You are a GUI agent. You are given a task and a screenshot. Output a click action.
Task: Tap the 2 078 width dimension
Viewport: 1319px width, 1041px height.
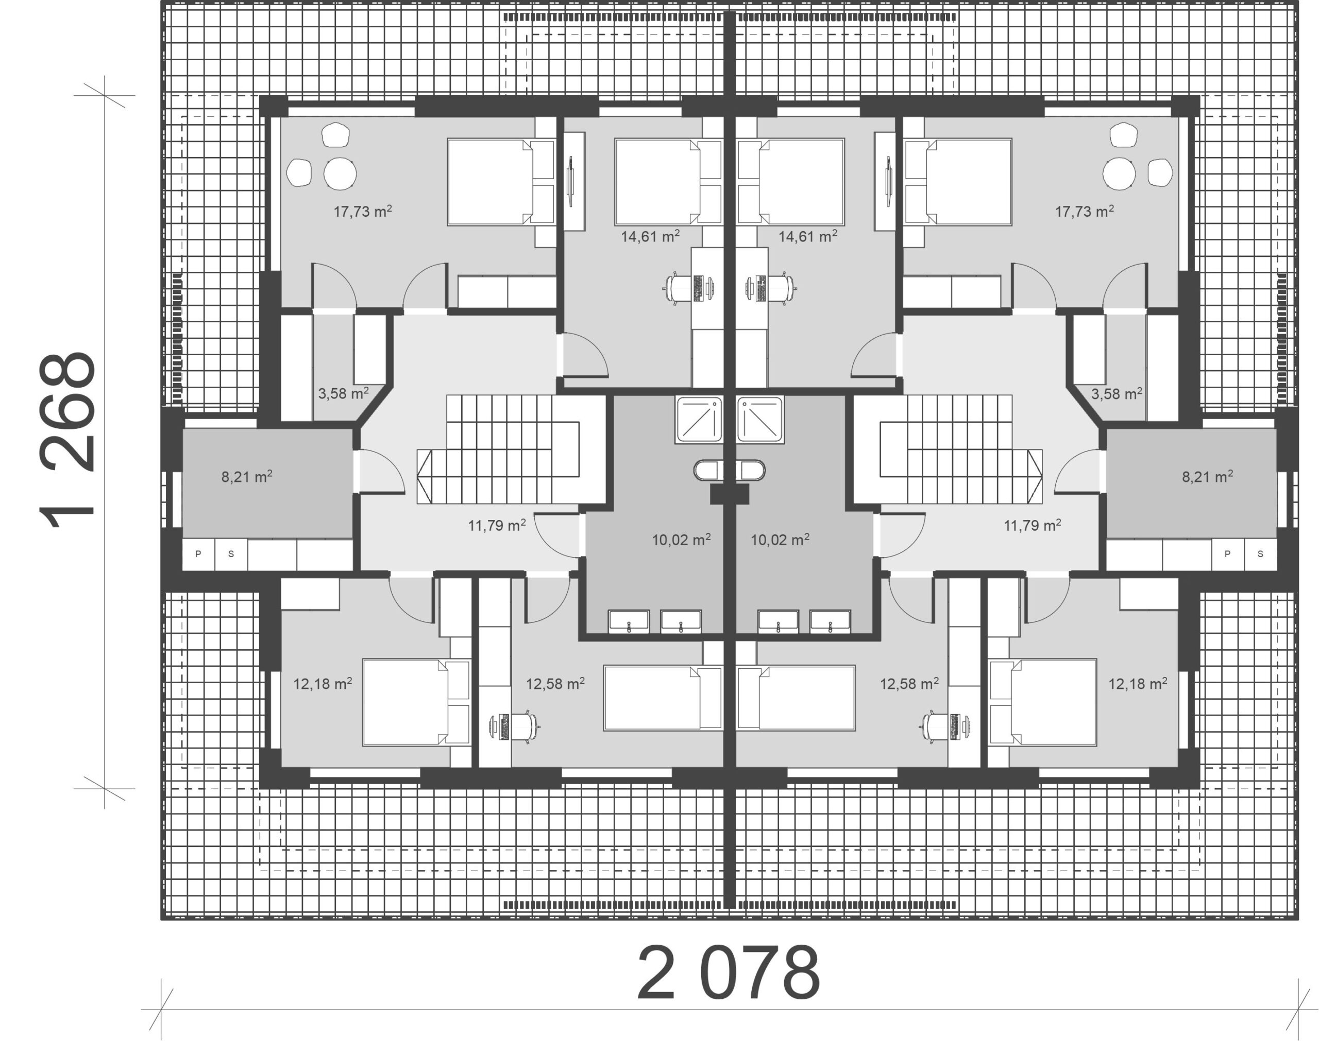click(729, 974)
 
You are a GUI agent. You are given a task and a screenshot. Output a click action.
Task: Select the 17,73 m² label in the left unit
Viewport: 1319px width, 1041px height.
click(362, 211)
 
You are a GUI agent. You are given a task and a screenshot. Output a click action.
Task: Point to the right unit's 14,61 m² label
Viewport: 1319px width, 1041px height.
click(807, 236)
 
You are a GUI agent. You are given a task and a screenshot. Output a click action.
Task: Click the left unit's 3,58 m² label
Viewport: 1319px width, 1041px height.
click(343, 393)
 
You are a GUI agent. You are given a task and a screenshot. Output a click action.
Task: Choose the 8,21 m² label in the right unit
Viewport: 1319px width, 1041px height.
click(1207, 476)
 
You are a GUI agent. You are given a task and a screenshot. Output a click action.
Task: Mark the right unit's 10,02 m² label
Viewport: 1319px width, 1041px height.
click(780, 540)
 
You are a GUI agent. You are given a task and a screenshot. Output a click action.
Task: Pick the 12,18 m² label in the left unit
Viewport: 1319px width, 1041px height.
click(323, 683)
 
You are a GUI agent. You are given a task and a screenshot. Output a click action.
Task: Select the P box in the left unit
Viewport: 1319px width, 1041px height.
click(198, 554)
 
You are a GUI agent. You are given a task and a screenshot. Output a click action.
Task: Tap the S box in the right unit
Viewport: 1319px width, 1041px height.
click(1260, 554)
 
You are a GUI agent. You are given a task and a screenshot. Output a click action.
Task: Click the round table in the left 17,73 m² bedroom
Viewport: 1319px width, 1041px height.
click(340, 173)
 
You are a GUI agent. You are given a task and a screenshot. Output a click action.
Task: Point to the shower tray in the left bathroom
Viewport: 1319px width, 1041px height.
click(699, 419)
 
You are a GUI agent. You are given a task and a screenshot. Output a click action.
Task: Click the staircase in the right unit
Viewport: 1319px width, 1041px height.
click(960, 449)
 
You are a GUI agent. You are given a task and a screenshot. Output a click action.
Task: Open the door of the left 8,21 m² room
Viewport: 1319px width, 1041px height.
click(379, 471)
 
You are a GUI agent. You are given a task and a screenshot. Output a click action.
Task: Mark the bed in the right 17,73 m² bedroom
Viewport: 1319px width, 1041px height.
click(957, 182)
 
